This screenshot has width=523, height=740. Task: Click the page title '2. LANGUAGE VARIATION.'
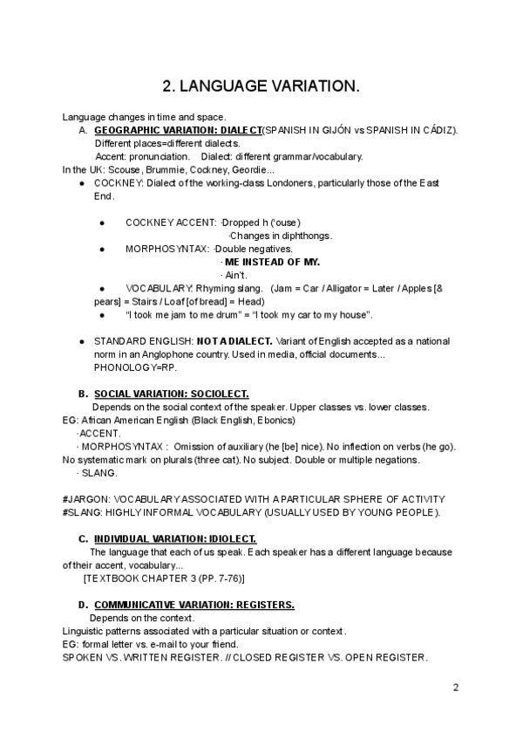tap(261, 86)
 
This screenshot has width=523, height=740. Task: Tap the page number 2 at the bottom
tap(455, 688)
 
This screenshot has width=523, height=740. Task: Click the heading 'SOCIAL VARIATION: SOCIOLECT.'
tap(171, 394)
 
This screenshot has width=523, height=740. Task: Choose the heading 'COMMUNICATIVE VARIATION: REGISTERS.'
tap(194, 605)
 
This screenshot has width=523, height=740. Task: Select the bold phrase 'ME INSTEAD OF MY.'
tap(272, 262)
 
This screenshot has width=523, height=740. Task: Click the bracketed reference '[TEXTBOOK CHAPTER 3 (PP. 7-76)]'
tap(164, 578)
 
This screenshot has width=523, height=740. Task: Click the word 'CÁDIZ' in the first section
tap(438, 130)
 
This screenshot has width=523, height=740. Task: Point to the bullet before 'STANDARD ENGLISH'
tap(81, 340)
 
